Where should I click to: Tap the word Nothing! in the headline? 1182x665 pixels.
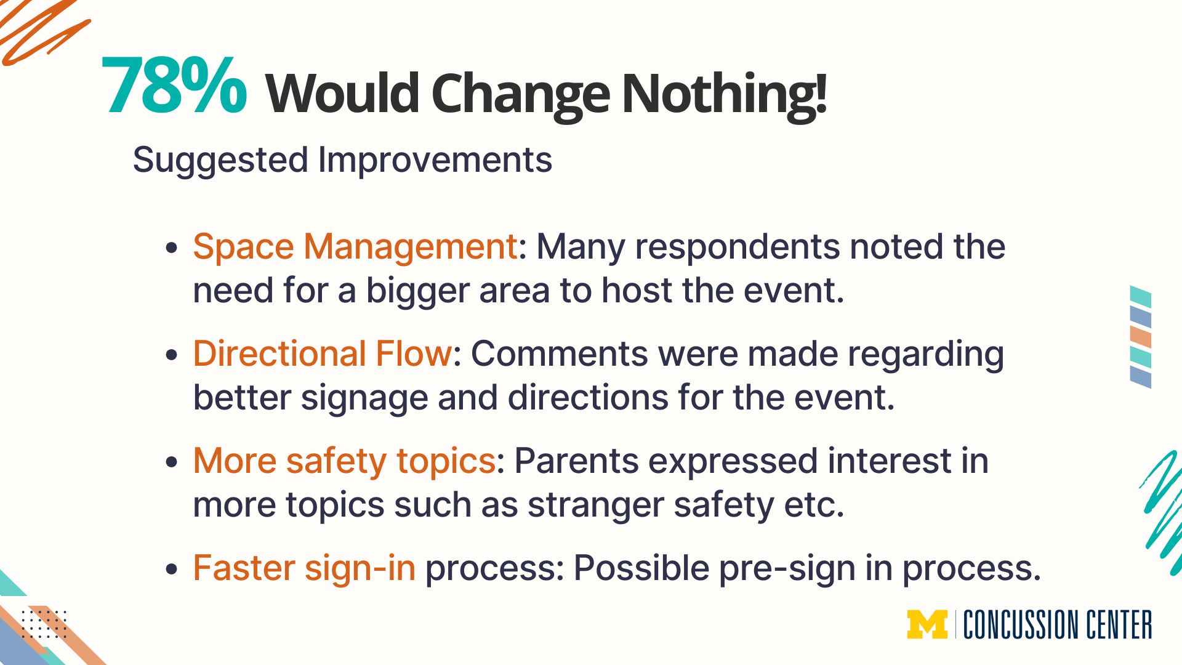point(724,94)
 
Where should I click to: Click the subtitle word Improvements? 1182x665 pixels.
point(435,160)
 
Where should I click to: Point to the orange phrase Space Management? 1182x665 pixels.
point(355,247)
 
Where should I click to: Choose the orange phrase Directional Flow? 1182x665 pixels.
point(323,353)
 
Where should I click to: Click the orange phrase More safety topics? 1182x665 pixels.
point(344,461)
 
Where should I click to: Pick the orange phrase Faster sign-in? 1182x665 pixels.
point(304,568)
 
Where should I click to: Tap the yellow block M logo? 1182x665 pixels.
point(927,624)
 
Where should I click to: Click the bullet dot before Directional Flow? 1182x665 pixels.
point(172,355)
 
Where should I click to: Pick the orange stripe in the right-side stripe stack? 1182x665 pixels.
point(1141,337)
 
